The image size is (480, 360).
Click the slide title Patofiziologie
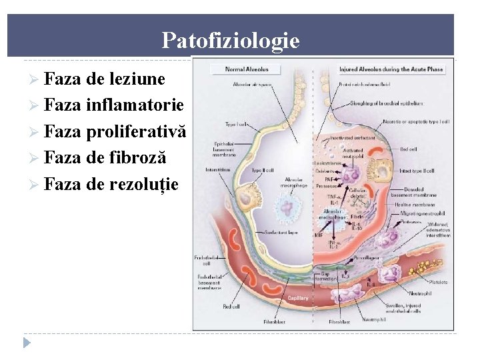pyautogui.click(x=230, y=41)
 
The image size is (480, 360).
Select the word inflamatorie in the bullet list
pyautogui.click(x=135, y=106)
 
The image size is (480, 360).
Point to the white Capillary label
pyautogui.click(x=298, y=298)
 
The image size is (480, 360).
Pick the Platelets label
pyautogui.click(x=437, y=282)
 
